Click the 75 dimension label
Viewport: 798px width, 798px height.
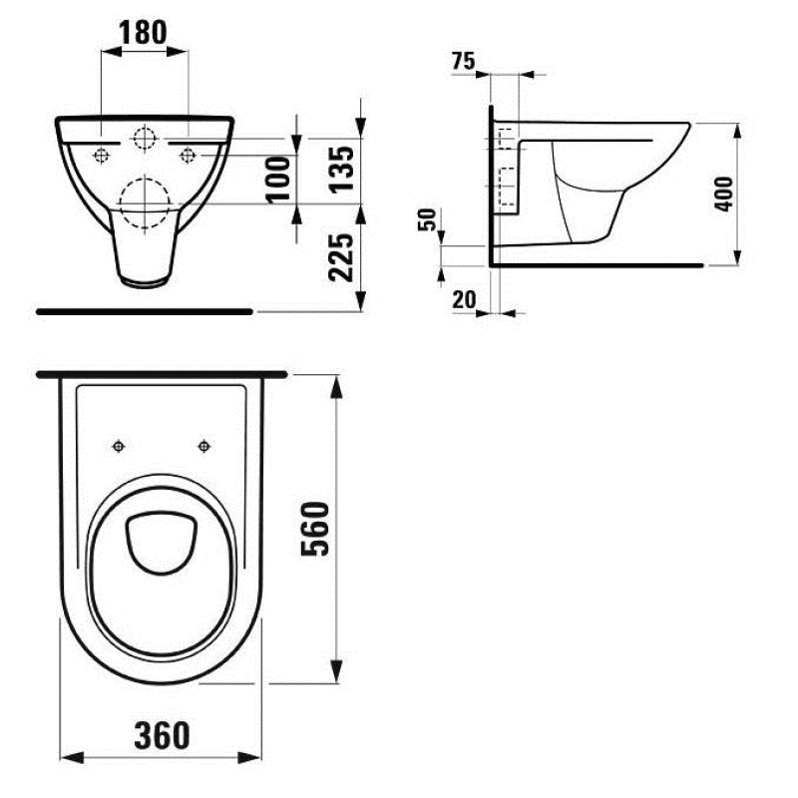tap(462, 62)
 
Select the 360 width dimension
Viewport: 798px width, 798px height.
tap(161, 735)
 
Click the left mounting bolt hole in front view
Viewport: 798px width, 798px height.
tap(101, 155)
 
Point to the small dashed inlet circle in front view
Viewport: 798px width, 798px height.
tap(145, 139)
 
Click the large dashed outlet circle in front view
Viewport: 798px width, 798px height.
tap(145, 203)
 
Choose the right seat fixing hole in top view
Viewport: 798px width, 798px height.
tap(203, 445)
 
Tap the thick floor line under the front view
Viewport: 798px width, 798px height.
tap(145, 311)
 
